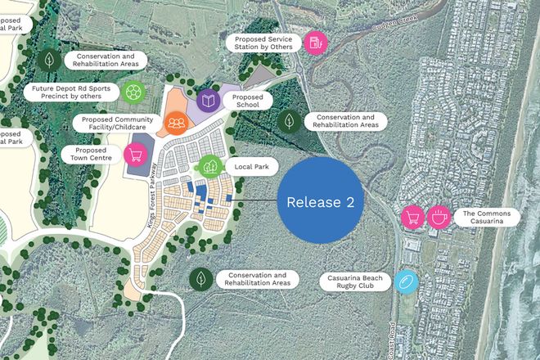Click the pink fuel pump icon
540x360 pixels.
[315, 43]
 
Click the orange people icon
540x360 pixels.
[177, 123]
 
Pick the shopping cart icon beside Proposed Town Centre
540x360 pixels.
[136, 154]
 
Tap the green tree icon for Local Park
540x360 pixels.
[209, 166]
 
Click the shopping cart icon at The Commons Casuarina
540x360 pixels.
[412, 217]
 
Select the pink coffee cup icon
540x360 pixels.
[439, 217]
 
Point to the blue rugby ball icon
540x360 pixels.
[406, 281]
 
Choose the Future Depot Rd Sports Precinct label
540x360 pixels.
[72, 92]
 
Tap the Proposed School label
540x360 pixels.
[246, 101]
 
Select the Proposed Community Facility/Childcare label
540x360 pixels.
[119, 123]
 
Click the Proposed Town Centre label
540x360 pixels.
[91, 154]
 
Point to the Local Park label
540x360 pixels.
[252, 166]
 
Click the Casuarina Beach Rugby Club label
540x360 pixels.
[356, 281]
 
